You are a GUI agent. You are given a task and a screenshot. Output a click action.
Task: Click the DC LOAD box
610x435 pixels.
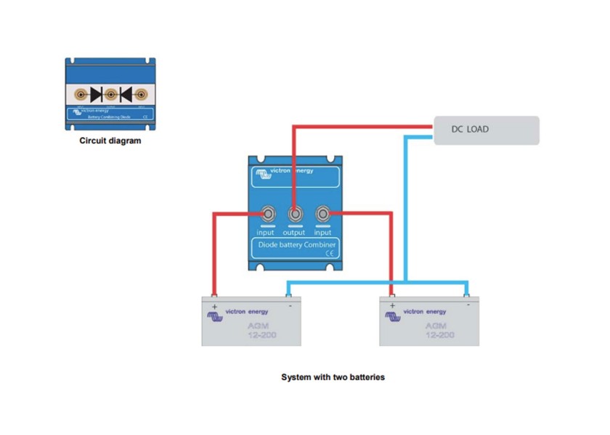click(487, 130)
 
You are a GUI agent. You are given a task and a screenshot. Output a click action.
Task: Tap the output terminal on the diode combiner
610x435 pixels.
click(294, 215)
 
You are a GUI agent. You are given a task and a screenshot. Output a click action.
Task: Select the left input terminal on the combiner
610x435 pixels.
click(267, 215)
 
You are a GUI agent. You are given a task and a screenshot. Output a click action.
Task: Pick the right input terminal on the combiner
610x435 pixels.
click(322, 215)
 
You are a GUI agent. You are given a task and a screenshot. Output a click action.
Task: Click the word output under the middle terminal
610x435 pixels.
click(294, 233)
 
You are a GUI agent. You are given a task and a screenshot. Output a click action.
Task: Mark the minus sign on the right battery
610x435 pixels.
click(468, 306)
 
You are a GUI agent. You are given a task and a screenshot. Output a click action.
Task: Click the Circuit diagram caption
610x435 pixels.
click(110, 141)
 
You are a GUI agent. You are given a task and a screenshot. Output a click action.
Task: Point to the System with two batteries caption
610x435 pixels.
click(333, 378)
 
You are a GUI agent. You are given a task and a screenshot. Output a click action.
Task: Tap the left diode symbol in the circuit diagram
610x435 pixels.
click(97, 94)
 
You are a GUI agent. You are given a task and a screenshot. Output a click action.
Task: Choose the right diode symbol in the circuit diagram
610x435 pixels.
click(124, 94)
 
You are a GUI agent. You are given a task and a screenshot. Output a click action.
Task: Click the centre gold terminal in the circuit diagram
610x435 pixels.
click(110, 94)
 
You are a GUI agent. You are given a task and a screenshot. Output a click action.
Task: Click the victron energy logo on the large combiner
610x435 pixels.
click(283, 173)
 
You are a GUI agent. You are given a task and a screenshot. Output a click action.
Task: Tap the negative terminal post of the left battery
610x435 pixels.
click(288, 296)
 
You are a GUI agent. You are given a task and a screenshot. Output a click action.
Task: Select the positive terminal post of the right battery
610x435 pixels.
click(393, 296)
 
